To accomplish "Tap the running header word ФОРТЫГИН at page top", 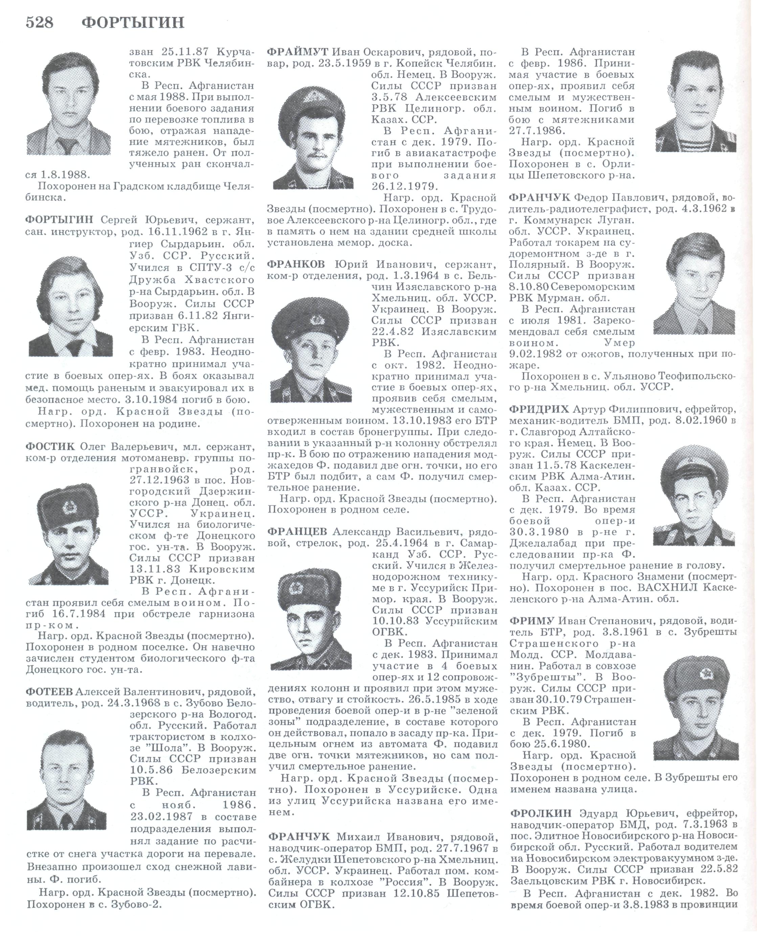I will point(133,22).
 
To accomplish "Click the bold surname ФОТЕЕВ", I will point(50,691).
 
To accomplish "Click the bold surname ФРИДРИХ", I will point(538,409).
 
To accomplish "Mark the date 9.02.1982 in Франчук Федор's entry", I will point(535,353).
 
